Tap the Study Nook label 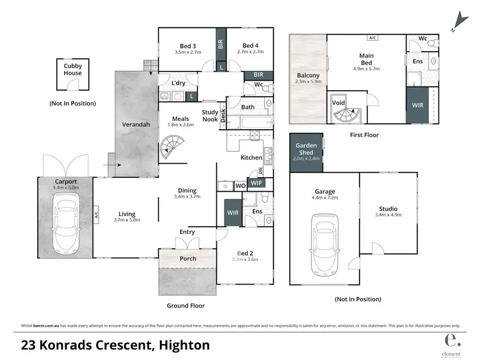[x=211, y=115]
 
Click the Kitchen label [x=251, y=157]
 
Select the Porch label [x=188, y=258]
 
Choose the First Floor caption [x=364, y=135]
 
